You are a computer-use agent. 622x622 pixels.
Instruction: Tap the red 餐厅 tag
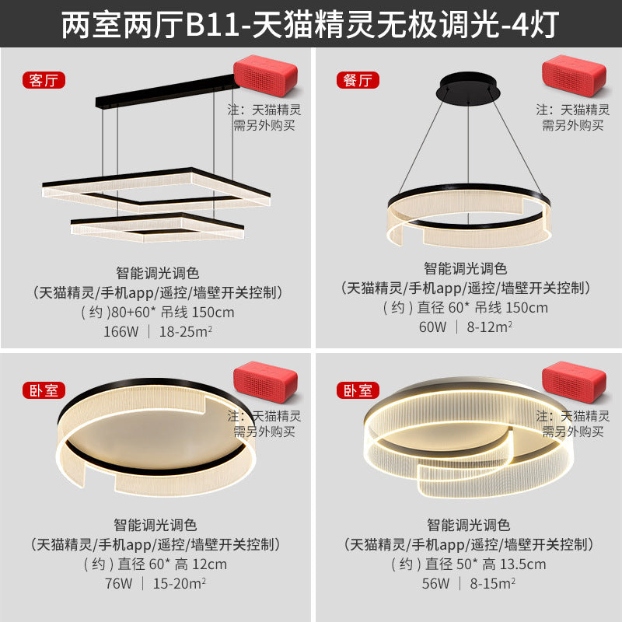click(356, 80)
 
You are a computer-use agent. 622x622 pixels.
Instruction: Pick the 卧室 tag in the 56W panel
click(356, 390)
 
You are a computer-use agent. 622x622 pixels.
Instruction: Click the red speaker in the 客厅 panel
click(265, 75)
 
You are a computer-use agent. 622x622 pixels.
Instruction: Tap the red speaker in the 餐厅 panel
click(574, 75)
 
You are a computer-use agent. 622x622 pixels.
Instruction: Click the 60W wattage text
click(432, 327)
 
